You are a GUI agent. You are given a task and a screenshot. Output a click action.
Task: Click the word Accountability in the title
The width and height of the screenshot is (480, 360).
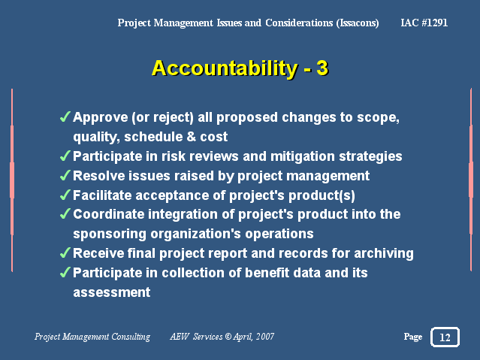pos(225,68)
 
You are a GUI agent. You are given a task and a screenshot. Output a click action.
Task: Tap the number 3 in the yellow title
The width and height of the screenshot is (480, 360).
pos(322,68)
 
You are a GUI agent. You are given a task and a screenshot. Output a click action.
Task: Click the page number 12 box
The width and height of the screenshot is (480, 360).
pos(445,337)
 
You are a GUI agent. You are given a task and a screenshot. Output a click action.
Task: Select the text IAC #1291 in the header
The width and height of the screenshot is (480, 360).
pos(424,23)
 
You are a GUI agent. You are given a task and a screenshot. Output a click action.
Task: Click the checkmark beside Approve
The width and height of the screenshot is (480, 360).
pos(65,116)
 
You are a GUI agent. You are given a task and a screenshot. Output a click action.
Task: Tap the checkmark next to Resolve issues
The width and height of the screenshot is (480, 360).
pos(65,175)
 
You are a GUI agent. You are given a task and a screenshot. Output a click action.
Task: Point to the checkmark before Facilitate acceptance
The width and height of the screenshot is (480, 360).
pos(65,195)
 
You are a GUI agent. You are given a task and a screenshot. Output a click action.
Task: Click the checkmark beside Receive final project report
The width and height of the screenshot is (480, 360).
pos(65,253)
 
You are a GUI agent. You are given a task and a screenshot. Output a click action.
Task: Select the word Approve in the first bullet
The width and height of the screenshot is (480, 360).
pos(101,118)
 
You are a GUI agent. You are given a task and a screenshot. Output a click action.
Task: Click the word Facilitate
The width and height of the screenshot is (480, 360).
pos(102,195)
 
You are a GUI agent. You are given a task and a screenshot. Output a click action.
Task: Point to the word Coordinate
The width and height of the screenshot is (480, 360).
pos(108,214)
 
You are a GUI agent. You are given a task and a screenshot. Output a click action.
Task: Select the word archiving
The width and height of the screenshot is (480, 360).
pos(384,254)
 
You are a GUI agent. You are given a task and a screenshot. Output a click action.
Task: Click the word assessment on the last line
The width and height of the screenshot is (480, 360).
pos(112,292)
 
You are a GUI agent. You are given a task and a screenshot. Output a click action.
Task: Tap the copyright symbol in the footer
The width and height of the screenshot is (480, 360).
pos(228,337)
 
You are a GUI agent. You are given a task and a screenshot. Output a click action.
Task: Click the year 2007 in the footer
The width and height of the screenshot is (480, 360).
pos(265,337)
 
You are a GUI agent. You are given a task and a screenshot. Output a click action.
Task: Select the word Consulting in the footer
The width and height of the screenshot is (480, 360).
pos(131,337)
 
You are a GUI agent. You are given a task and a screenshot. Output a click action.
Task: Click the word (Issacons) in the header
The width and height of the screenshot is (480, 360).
pos(358,23)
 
